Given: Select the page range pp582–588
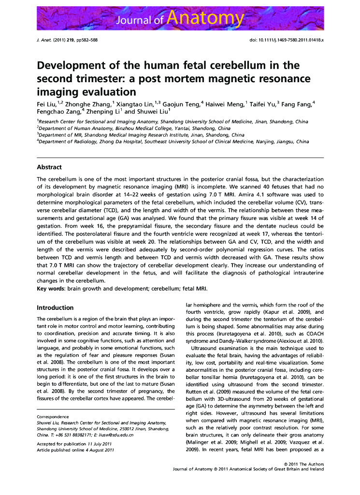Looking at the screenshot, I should (x=86, y=40).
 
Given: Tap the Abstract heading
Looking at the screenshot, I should (x=49, y=167).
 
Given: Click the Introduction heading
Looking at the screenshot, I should (x=55, y=307).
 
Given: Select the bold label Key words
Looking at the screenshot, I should (x=51, y=289).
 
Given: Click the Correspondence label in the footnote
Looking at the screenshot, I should (x=53, y=417).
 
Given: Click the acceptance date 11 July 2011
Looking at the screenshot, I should (x=100, y=444).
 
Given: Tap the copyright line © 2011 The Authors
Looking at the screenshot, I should (x=304, y=464).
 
